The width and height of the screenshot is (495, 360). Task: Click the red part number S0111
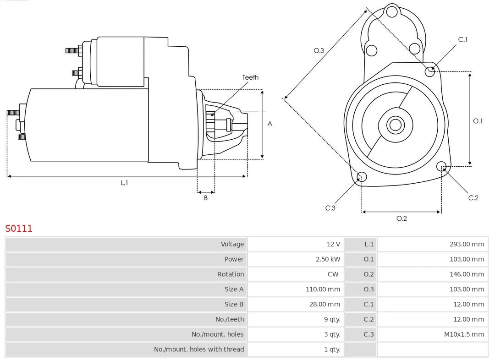pos(19,228)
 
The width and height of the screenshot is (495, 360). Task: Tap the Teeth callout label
pos(250,77)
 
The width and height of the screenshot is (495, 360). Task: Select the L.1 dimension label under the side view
pos(124,183)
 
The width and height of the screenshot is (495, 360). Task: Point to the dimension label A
pos(269,124)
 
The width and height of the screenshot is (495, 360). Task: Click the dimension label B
pos(206,198)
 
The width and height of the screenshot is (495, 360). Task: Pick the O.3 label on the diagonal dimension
pos(319,50)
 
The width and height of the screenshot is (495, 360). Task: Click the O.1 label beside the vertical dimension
pos(478,121)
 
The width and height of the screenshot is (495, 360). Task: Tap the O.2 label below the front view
pos(401,218)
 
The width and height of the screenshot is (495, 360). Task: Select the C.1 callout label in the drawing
pos(463,39)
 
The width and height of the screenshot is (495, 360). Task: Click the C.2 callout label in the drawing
pos(473,198)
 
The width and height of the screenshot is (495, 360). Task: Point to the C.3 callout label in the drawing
pos(330,208)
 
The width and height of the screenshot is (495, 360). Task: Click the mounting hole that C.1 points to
pos(429,71)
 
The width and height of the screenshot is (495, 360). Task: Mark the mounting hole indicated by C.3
pos(362,177)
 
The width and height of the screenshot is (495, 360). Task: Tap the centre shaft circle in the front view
pos(395,125)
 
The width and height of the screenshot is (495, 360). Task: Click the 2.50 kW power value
pos(328,259)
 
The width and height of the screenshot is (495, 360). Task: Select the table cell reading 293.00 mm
pos(467,244)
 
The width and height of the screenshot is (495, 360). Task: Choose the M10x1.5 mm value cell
pos(464,334)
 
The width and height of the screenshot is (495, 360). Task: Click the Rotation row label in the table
pos(231,274)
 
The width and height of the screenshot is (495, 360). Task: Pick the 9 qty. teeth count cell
pos(332,319)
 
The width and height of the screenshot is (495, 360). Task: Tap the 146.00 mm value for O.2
pos(467,274)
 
